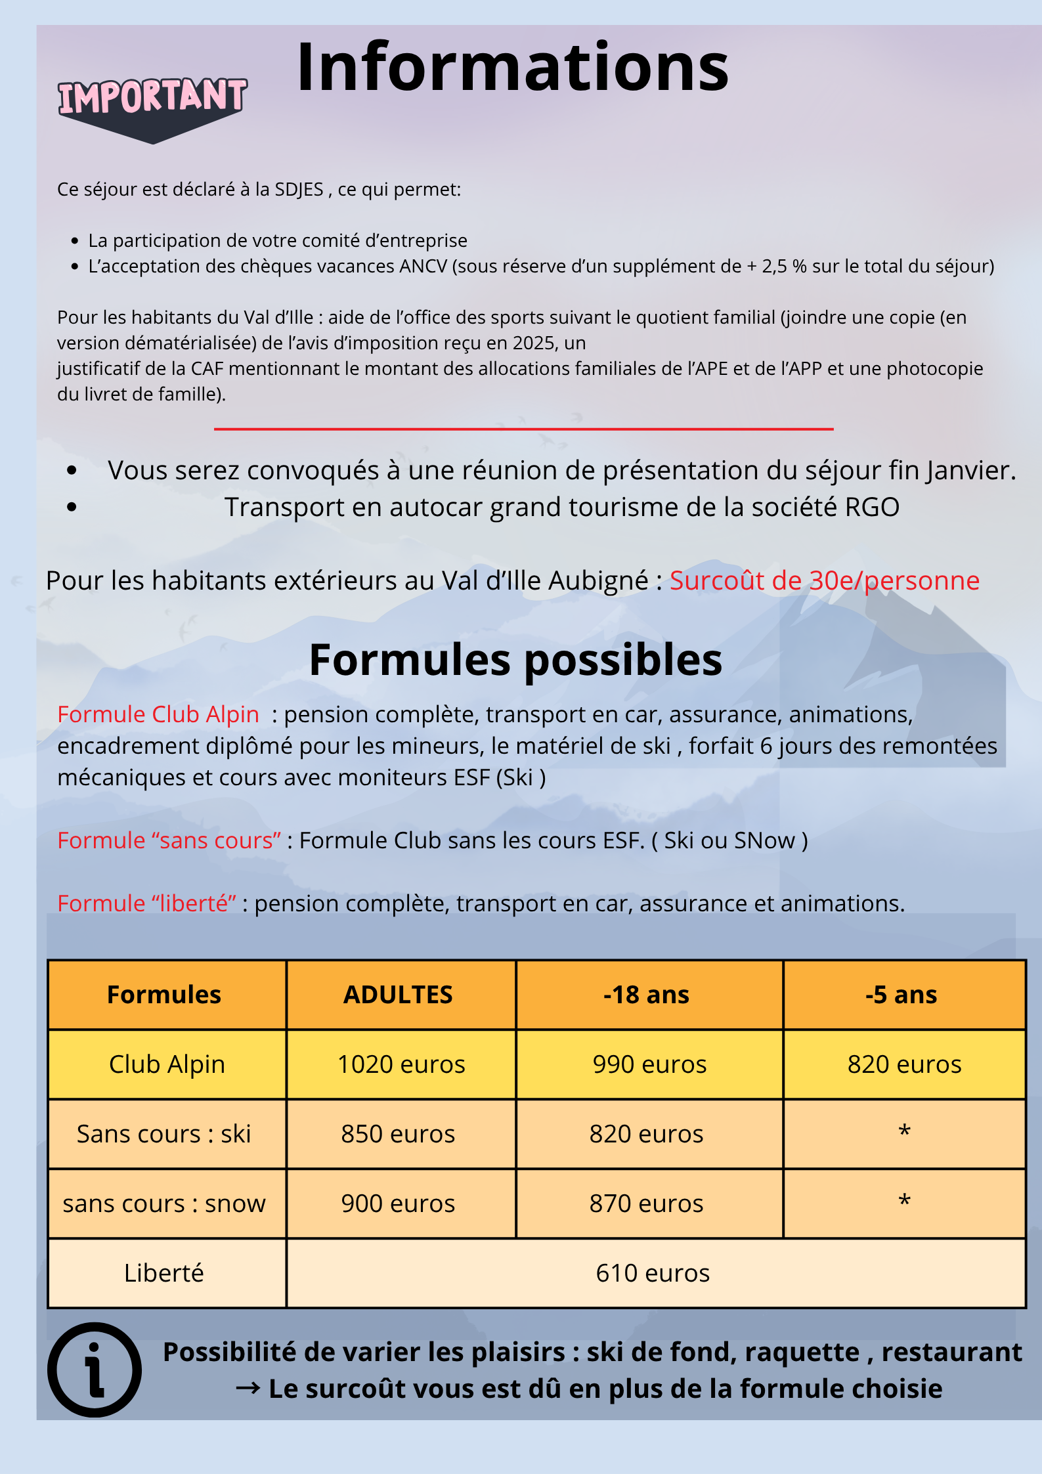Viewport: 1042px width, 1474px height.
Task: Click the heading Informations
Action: pyautogui.click(x=512, y=67)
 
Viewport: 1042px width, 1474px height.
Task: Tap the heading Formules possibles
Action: pyautogui.click(x=515, y=660)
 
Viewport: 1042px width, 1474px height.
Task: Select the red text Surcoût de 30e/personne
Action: pyautogui.click(x=824, y=581)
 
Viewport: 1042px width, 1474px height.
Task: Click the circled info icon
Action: pyautogui.click(x=95, y=1369)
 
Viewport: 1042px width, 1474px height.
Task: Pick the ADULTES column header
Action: pyautogui.click(x=398, y=995)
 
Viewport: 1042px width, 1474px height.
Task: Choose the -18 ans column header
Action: pyautogui.click(x=647, y=995)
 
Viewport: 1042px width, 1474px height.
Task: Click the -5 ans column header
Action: pyautogui.click(x=901, y=995)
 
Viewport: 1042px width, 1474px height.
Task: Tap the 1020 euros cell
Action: pyautogui.click(x=401, y=1064)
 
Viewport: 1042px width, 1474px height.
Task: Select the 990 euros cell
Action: pyautogui.click(x=649, y=1064)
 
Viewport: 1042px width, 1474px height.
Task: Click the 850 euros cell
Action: pyautogui.click(x=398, y=1134)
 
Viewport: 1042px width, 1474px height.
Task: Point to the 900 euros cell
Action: pyautogui.click(x=398, y=1203)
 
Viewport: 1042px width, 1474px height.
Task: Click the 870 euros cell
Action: pyautogui.click(x=647, y=1203)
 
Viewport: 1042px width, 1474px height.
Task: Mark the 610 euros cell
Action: pyautogui.click(x=653, y=1273)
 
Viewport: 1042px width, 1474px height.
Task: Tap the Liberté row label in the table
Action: pyautogui.click(x=164, y=1273)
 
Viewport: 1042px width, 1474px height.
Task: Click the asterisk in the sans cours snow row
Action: pyautogui.click(x=904, y=1201)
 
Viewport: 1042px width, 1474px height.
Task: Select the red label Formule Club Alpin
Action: pyautogui.click(x=158, y=714)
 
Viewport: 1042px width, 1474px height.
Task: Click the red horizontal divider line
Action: pyautogui.click(x=523, y=429)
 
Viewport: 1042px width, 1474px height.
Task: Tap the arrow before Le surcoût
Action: pyautogui.click(x=248, y=1388)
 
